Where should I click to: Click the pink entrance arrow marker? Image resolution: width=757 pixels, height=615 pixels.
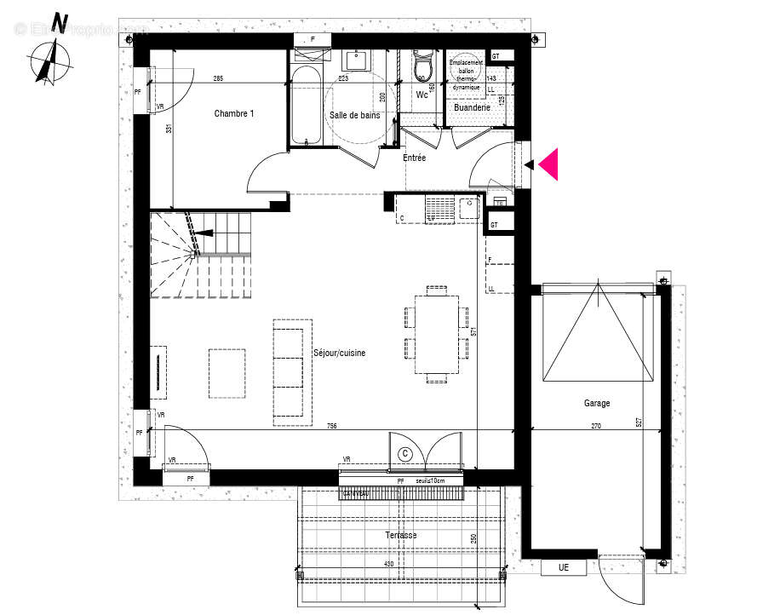click(x=548, y=164)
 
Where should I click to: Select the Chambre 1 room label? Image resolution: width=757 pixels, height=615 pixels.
click(x=233, y=113)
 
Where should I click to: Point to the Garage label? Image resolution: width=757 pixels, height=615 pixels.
click(x=596, y=403)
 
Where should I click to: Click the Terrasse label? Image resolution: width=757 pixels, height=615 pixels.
click(x=400, y=535)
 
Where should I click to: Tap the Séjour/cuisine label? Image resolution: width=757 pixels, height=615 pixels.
click(x=339, y=353)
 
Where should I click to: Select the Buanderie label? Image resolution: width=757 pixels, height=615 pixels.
click(x=472, y=109)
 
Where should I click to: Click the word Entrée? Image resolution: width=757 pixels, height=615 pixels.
click(x=415, y=158)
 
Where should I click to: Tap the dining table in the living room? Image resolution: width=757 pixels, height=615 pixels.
click(x=436, y=334)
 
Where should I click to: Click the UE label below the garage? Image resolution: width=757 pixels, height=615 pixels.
click(x=563, y=566)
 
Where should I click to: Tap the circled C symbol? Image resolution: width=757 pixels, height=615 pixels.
click(x=405, y=454)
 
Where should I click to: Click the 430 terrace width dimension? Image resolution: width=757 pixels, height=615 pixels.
click(x=388, y=564)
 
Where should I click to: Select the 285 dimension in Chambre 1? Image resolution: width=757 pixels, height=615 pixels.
click(x=218, y=79)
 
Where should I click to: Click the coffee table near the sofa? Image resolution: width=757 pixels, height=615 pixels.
click(x=227, y=373)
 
